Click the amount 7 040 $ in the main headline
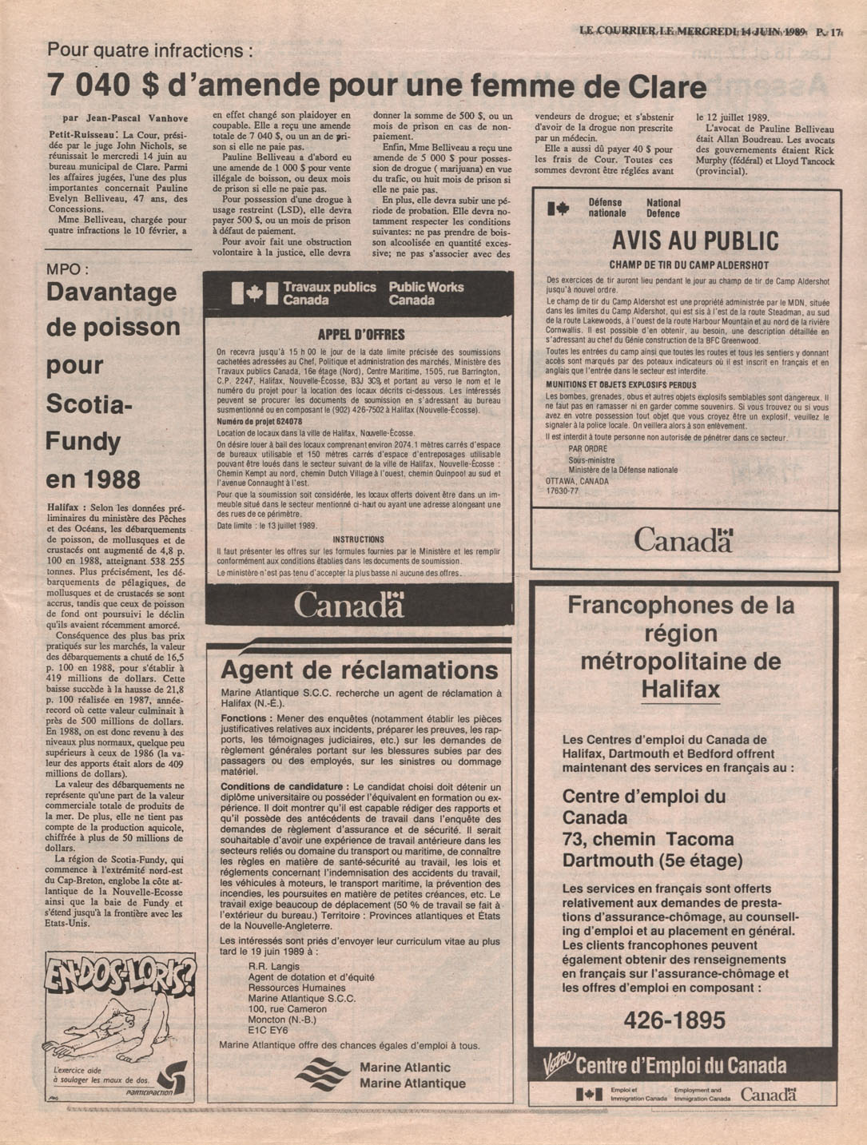[x=100, y=86]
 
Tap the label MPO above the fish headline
[x=68, y=270]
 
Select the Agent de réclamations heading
[x=359, y=670]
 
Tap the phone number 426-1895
[x=674, y=1020]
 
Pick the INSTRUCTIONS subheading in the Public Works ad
[x=358, y=539]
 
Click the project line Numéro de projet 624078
[x=259, y=421]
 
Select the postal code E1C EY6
[x=268, y=1030]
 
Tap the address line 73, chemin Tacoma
[x=647, y=840]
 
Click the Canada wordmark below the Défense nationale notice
[x=683, y=541]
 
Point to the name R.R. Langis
[x=274, y=966]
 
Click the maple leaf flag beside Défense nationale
[x=559, y=209]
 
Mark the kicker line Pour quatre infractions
[x=150, y=50]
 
